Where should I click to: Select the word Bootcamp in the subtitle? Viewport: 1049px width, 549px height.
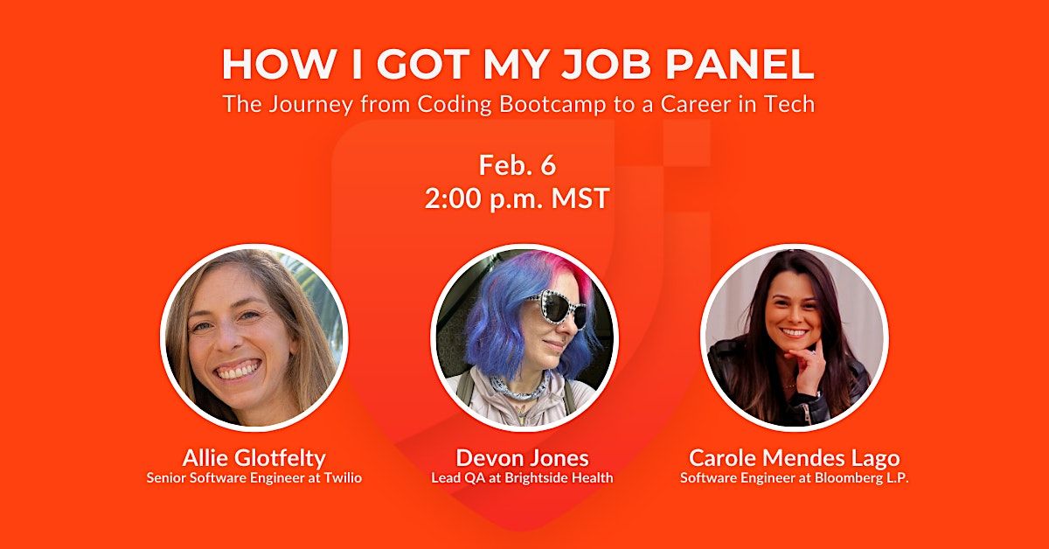click(521, 104)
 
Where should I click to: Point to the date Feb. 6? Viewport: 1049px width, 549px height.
click(518, 164)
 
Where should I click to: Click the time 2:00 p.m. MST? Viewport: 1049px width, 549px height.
click(518, 198)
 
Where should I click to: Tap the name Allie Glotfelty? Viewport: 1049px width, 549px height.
click(254, 457)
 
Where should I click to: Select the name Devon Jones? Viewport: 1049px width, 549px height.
click(523, 457)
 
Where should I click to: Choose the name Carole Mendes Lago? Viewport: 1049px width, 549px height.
click(795, 457)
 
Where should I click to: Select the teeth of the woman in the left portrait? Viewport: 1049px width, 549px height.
click(239, 370)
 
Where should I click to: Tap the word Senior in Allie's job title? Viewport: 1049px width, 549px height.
click(165, 477)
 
